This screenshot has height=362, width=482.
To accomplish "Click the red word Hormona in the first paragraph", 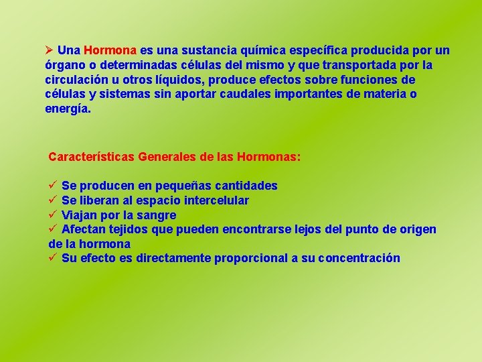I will (x=110, y=50).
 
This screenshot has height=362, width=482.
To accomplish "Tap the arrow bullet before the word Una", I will (x=48, y=50).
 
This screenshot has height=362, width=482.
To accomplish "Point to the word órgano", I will (x=65, y=65).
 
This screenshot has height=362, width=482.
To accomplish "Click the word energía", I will (x=67, y=109).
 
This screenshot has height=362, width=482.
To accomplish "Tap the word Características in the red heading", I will (x=91, y=157).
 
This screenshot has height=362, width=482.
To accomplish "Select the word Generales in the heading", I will (x=167, y=157).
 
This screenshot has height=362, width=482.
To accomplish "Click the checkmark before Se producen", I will (x=52, y=186).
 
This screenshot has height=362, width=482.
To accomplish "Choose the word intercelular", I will (x=216, y=200).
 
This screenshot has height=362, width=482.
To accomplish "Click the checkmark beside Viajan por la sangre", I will (x=52, y=215).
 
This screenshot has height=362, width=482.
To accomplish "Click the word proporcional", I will (x=252, y=258).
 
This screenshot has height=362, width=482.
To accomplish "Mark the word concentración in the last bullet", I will (x=359, y=258).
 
